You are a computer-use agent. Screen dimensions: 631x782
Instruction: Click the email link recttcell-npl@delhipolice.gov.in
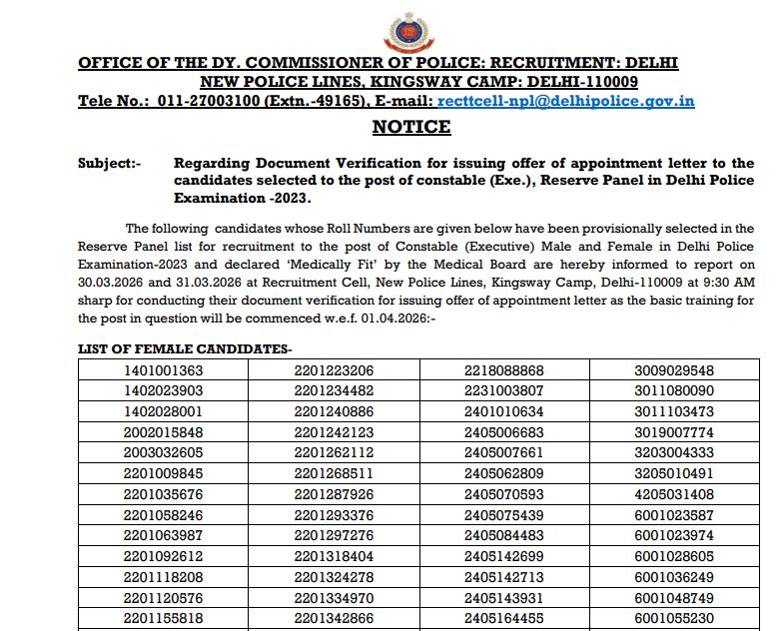tap(565, 101)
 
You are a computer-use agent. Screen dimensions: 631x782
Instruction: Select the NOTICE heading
tap(411, 127)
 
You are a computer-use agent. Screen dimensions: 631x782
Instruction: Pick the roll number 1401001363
tap(163, 370)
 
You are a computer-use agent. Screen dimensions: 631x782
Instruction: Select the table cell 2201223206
tap(334, 370)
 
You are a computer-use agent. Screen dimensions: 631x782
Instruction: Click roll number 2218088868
tap(504, 370)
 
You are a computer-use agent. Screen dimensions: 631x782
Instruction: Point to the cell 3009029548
tap(674, 370)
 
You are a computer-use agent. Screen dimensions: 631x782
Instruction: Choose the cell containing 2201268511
tap(334, 473)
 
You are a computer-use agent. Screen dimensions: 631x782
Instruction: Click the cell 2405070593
tap(504, 493)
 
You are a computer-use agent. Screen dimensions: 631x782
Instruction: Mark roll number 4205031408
tap(674, 493)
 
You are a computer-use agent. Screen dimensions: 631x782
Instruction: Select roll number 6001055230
tap(674, 618)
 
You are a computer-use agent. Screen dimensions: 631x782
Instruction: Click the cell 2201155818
tap(163, 618)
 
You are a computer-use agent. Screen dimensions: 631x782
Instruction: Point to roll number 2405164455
tap(504, 618)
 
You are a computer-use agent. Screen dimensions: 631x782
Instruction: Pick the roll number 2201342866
tap(334, 618)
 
